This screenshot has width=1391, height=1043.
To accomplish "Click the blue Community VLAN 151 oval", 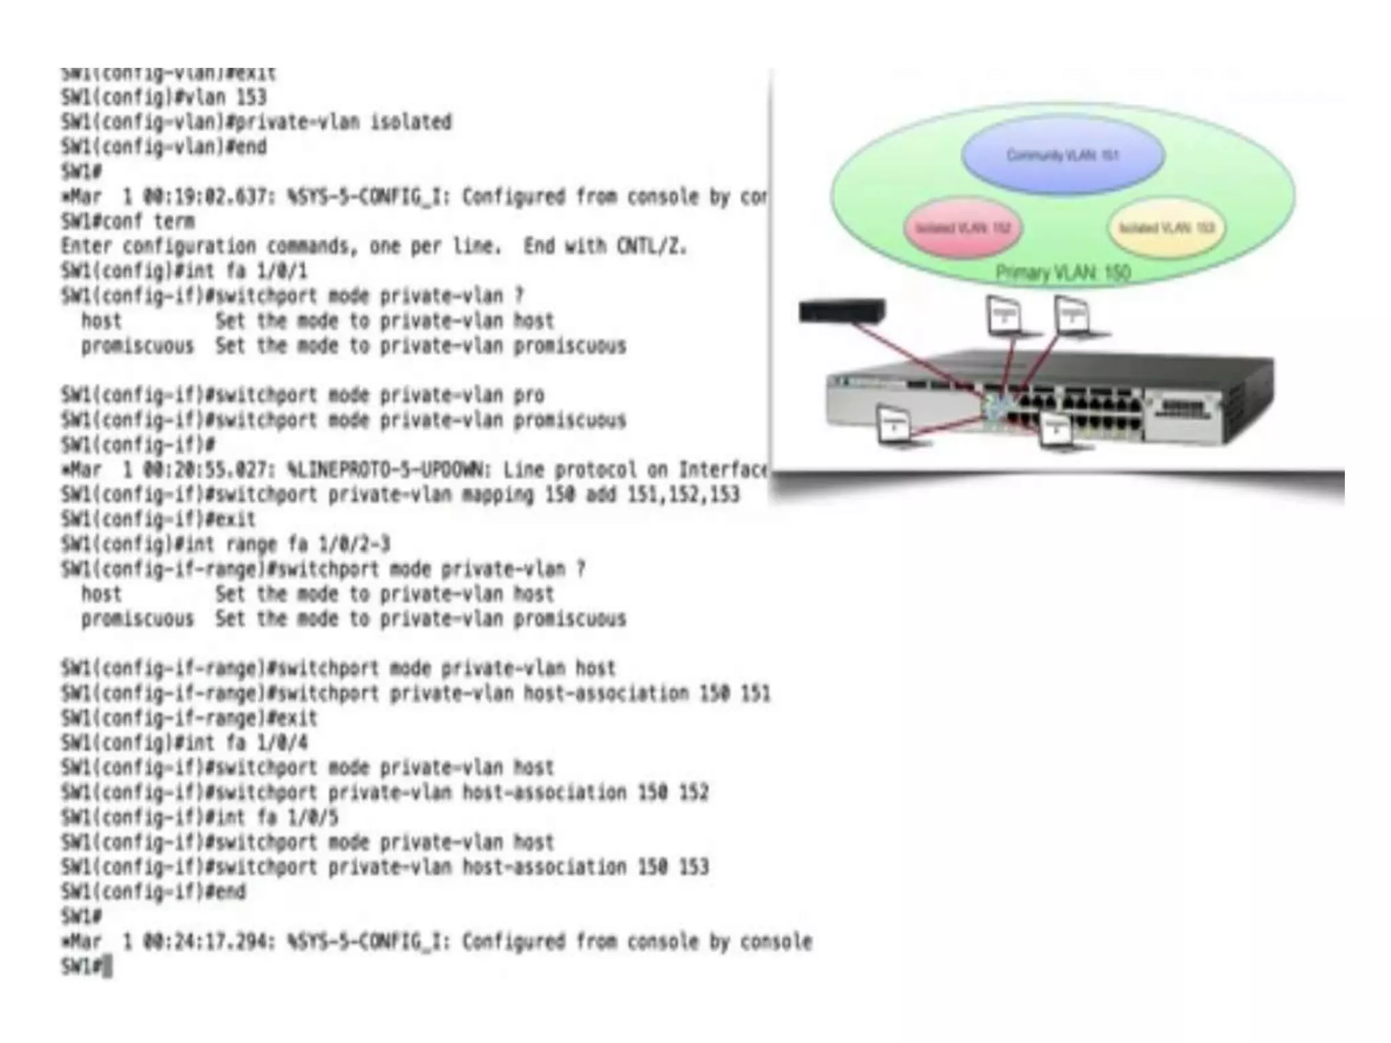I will (1063, 155).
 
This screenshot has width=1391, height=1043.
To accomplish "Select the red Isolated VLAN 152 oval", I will (963, 227).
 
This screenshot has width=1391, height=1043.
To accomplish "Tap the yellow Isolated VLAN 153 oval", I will (1166, 227).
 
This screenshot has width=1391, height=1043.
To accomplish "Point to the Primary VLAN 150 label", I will (1063, 273).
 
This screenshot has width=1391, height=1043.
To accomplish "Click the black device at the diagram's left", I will (842, 311).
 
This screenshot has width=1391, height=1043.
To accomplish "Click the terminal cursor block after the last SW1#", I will (108, 966).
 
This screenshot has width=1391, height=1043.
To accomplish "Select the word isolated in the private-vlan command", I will (410, 122).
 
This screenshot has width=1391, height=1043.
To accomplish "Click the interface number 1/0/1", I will (282, 272).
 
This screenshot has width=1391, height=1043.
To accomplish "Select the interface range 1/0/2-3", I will (354, 545).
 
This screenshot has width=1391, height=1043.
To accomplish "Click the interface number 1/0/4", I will (282, 743).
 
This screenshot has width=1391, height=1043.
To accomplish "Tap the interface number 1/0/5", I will (312, 818).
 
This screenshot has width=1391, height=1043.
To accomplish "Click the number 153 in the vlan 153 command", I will (251, 98).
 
